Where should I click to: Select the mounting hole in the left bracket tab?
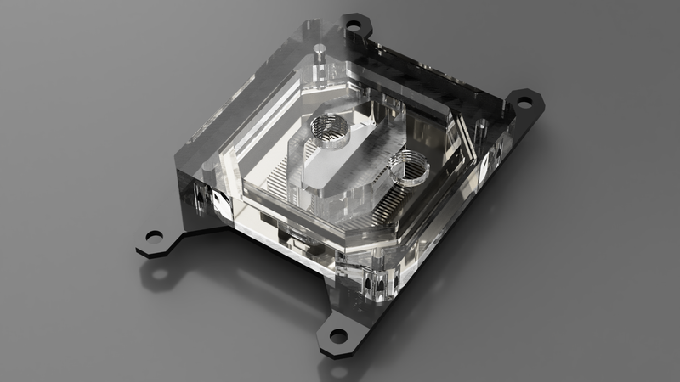(154, 235)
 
